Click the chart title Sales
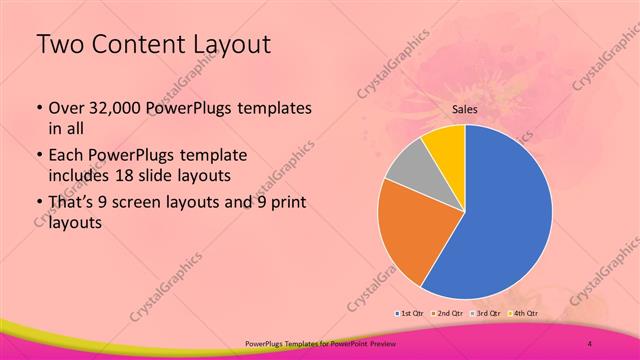(x=464, y=109)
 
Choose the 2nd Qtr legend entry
(x=449, y=314)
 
